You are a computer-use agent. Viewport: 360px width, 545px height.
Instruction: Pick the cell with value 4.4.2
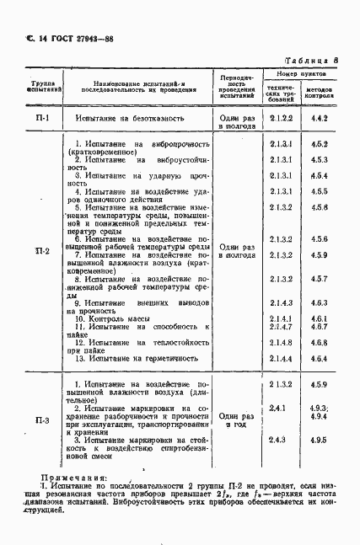tap(319, 119)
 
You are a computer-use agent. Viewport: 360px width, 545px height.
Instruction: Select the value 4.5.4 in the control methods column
tap(319, 175)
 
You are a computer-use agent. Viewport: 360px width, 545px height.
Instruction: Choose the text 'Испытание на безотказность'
tap(134, 119)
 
